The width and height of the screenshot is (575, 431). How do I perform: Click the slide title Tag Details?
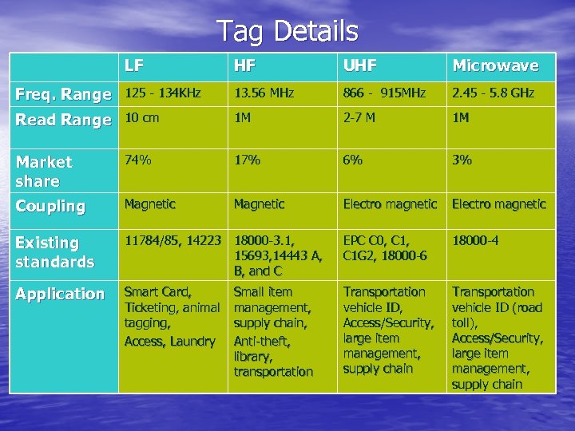[x=287, y=31]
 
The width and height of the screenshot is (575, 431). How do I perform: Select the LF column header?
[x=134, y=65]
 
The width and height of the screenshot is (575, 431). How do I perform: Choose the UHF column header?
[x=359, y=65]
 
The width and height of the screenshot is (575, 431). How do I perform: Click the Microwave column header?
[x=495, y=65]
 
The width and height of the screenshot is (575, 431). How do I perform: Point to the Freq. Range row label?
[x=63, y=94]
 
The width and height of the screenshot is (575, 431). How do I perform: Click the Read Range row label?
[x=63, y=120]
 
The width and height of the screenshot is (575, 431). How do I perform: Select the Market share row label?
[x=44, y=171]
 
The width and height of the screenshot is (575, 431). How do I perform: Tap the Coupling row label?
[x=50, y=205]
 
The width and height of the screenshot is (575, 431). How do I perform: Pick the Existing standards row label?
[x=54, y=251]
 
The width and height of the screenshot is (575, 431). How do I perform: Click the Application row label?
[x=60, y=294]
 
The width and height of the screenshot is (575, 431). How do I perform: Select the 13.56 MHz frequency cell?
[x=264, y=93]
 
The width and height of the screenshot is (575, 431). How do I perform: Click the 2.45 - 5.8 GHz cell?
[x=493, y=93]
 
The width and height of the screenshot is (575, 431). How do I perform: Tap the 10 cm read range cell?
[x=142, y=118]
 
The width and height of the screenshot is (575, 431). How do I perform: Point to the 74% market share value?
[x=137, y=160]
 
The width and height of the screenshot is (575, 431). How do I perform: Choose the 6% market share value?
[x=352, y=160]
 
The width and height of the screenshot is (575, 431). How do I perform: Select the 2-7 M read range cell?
[x=359, y=118]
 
